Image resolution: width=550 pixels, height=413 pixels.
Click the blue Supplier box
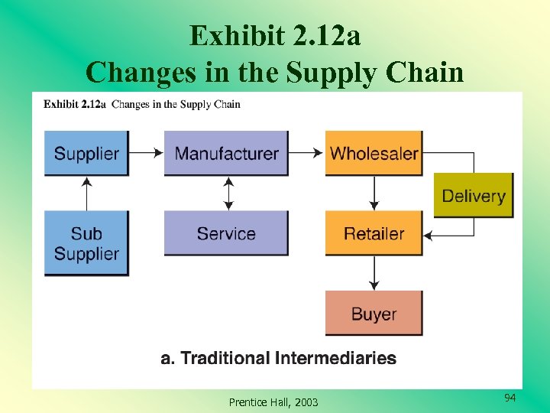tap(86, 153)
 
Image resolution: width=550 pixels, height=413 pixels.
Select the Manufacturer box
tap(226, 153)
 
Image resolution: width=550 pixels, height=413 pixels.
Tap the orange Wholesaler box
tap(374, 153)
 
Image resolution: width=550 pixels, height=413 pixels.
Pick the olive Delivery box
tap(474, 196)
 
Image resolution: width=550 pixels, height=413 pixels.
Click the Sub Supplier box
tap(86, 243)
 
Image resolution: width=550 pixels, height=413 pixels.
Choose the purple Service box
tap(226, 233)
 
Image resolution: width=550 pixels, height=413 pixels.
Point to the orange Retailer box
tap(374, 233)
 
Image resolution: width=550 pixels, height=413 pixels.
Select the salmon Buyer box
tap(374, 313)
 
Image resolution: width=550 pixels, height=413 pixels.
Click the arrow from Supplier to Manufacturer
tap(146, 153)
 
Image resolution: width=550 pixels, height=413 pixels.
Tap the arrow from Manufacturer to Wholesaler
tap(307, 153)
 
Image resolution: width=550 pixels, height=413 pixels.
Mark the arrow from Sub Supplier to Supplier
tap(86, 193)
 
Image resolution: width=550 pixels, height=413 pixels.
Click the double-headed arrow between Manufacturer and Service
tap(227, 193)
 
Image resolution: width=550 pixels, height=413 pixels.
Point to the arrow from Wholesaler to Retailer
tap(374, 193)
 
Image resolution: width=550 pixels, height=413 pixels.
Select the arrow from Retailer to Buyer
tap(374, 273)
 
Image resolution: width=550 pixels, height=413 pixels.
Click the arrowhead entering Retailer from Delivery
tap(429, 235)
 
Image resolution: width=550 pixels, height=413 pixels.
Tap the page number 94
tap(510, 398)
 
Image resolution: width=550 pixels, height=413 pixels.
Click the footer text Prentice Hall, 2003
tap(273, 402)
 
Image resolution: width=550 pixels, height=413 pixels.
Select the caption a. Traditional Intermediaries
tap(278, 358)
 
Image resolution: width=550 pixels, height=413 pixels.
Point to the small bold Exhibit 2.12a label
tap(75, 104)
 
